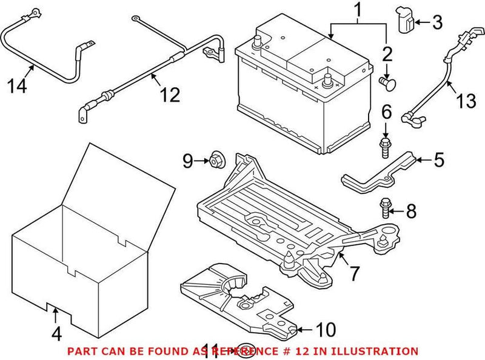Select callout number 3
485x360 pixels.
437,24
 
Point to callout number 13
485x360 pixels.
466,101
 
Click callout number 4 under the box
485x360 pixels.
56,333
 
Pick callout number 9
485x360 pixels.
188,161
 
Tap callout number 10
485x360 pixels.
326,330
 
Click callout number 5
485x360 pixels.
438,161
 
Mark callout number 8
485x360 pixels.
411,212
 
